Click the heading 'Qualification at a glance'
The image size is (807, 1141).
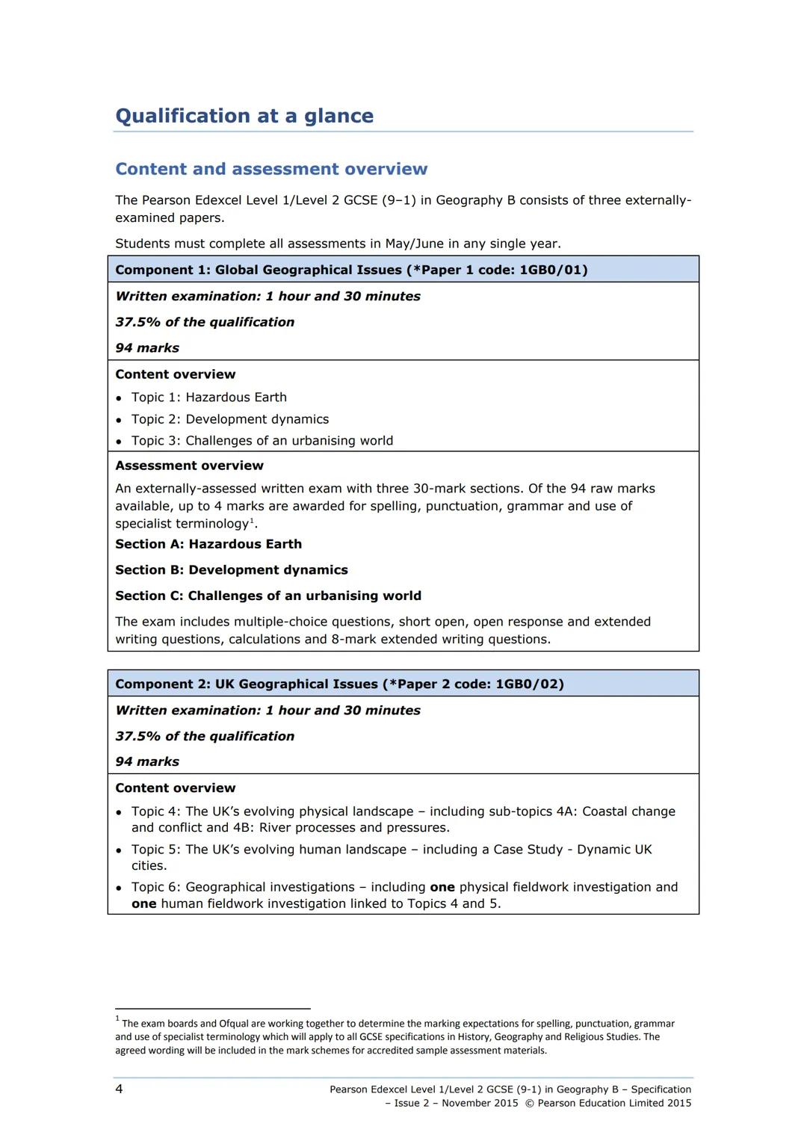click(x=244, y=116)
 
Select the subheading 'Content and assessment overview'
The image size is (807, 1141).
click(x=271, y=169)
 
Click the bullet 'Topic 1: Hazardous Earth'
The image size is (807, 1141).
click(x=208, y=397)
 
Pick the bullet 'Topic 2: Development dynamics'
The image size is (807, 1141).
click(x=229, y=419)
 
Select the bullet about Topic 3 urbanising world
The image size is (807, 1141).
click(x=262, y=441)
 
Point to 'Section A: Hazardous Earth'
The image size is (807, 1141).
click(x=208, y=544)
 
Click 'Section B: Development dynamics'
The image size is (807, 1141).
click(x=232, y=570)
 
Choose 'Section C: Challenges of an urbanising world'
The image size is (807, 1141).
click(x=268, y=596)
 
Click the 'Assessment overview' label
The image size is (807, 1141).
click(x=189, y=466)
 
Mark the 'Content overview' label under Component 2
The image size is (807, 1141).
click(x=175, y=788)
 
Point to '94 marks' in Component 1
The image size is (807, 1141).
click(x=147, y=347)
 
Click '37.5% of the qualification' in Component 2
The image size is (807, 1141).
click(x=205, y=736)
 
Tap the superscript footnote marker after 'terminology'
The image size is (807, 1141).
click(x=252, y=520)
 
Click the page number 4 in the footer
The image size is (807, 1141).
click(x=119, y=1089)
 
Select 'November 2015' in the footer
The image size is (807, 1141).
click(x=480, y=1103)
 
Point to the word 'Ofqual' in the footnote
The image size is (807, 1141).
click(x=236, y=1024)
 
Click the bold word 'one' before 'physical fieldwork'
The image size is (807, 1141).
click(x=442, y=887)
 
